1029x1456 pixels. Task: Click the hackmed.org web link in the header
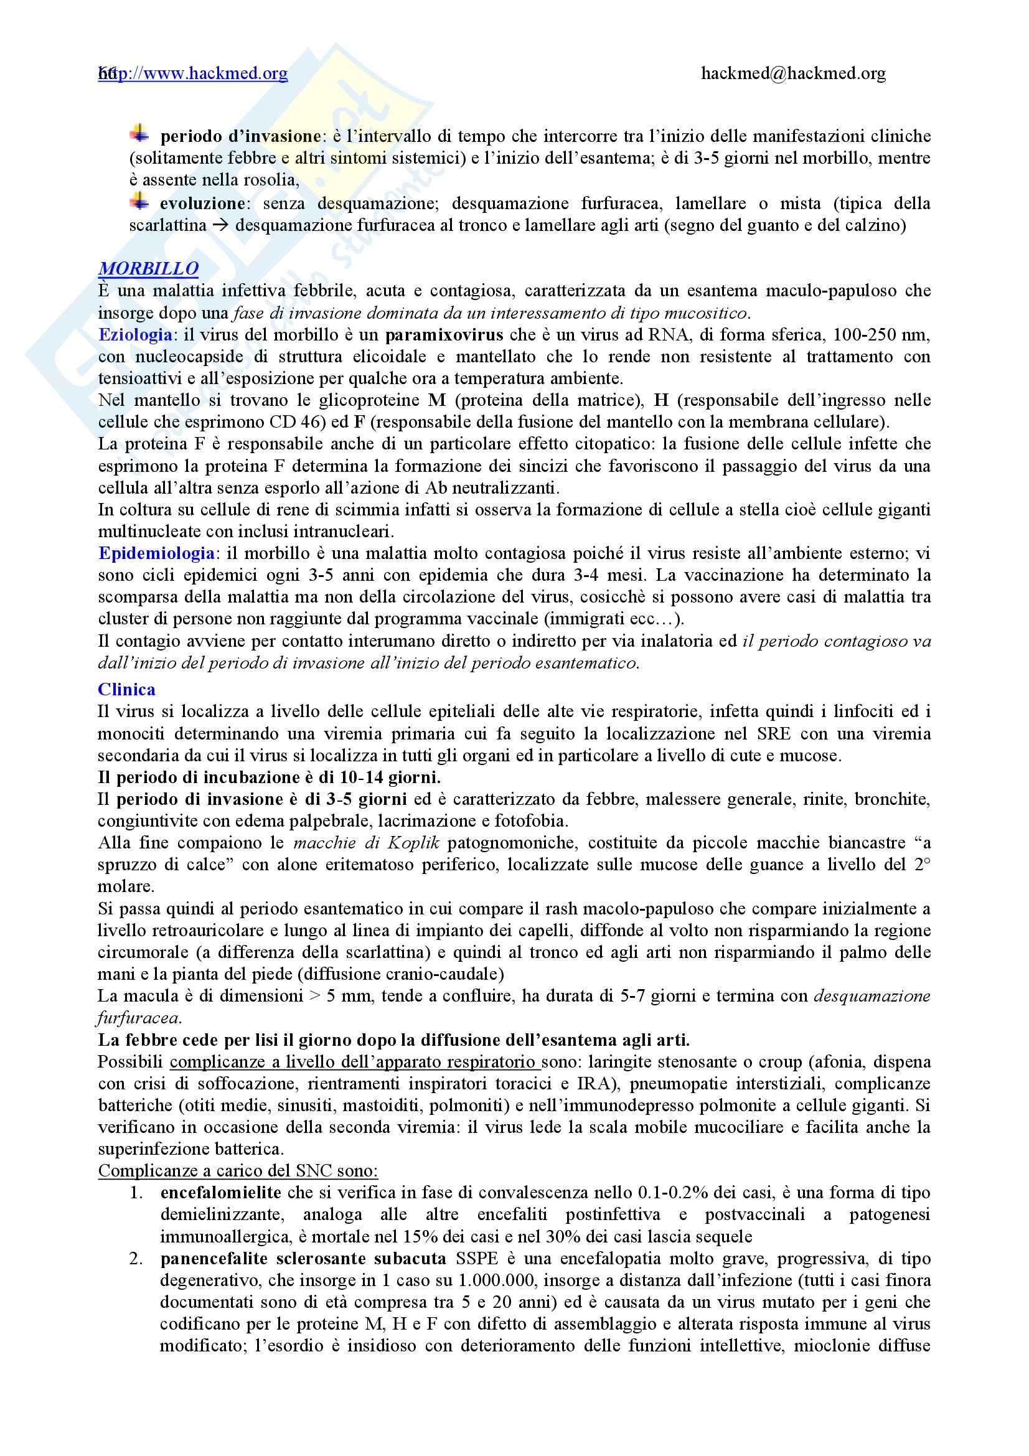click(194, 74)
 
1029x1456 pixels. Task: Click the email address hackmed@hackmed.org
click(793, 74)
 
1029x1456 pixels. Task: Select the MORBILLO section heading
click(148, 269)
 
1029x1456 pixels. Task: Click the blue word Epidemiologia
click(156, 553)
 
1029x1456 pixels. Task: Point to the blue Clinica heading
click(127, 689)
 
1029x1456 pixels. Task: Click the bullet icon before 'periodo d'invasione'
click(139, 134)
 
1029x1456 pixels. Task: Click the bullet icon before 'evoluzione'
click(139, 202)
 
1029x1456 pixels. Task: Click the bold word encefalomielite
click(221, 1193)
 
